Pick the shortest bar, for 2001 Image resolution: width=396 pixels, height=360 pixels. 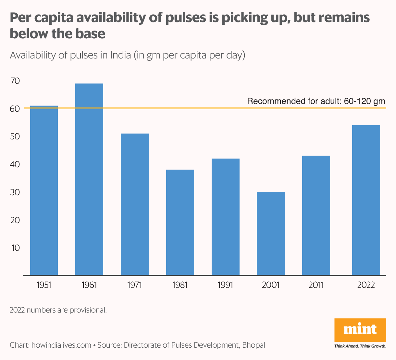coord(271,234)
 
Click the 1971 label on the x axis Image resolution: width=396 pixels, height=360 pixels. coord(135,285)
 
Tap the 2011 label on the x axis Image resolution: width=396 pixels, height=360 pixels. coord(316,285)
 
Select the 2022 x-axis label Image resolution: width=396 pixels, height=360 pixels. coord(366,285)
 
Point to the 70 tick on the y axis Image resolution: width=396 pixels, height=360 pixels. coord(15,81)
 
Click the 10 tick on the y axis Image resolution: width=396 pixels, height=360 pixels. coord(15,248)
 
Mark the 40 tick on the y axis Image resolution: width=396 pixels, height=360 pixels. coord(15,164)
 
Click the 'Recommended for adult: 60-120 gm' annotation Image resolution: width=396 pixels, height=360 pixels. coord(316,101)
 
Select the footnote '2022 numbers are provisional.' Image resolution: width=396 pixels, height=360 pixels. coord(58,310)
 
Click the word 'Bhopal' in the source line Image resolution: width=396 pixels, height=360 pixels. coord(254,345)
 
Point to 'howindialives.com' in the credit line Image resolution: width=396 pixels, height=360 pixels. coord(61,345)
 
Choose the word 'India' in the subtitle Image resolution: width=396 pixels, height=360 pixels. coord(121,55)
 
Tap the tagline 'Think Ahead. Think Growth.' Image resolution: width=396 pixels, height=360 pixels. coord(360,346)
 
